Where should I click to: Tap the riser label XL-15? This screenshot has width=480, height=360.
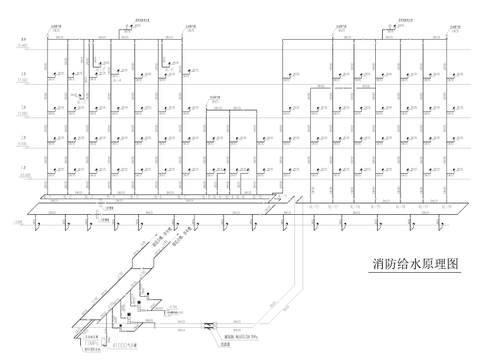tap(376, 207)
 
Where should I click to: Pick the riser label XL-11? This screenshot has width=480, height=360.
tap(282, 197)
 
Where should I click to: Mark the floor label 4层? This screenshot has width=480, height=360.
tap(24, 76)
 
